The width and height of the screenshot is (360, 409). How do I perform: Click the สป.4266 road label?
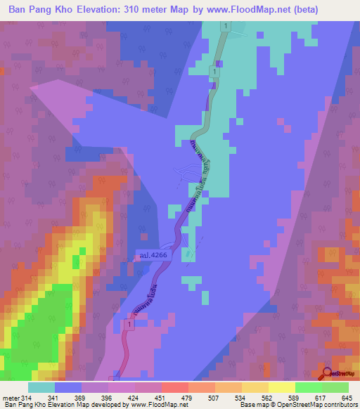tap(153, 257)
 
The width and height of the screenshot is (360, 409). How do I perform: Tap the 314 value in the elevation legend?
tap(24, 398)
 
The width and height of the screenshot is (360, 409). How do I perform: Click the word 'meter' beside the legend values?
tap(8, 398)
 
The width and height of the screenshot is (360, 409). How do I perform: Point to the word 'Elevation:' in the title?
tap(98, 10)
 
